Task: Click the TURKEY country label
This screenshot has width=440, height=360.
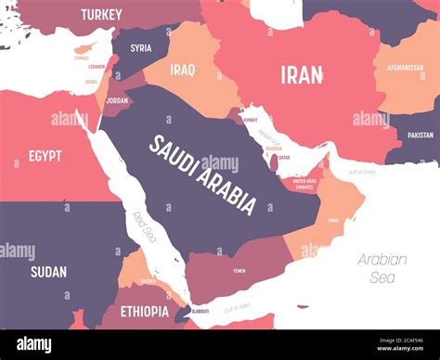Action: coord(100,14)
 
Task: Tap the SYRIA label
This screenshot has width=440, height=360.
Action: coord(141,48)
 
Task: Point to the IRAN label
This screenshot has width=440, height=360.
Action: coord(302,74)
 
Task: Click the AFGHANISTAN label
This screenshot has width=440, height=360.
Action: coord(405,67)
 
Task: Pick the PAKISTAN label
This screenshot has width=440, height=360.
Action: coord(420,135)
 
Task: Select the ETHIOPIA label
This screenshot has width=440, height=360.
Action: coord(144,311)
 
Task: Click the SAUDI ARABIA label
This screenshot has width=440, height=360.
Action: coord(202,174)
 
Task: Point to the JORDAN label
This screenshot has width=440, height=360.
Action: coord(117,100)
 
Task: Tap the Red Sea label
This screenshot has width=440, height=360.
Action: coord(144,225)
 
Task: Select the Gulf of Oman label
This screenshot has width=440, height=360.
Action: coord(361,173)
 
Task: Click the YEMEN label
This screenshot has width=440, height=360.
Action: coord(239,270)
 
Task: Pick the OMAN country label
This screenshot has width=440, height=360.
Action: coord(331,220)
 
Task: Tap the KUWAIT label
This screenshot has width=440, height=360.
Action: coord(250,120)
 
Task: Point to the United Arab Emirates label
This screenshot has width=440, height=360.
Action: coord(304,184)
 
